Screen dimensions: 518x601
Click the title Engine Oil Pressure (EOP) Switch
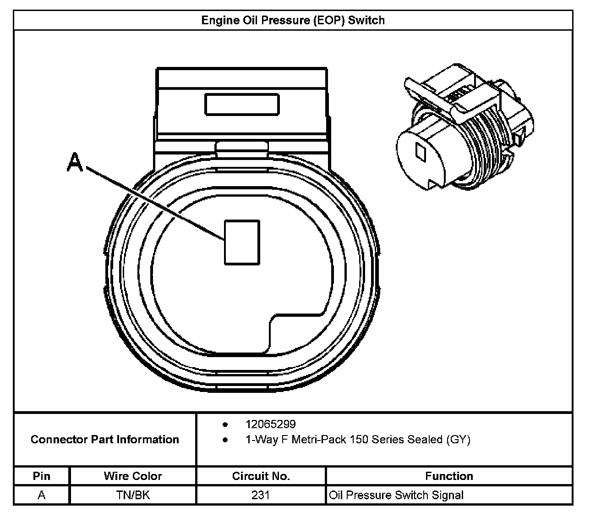coord(293,21)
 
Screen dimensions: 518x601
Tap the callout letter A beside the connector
coord(75,163)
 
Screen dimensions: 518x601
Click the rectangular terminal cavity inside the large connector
coord(242,242)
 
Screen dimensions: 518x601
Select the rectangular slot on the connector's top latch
coord(242,104)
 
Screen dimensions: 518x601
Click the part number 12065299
coord(270,424)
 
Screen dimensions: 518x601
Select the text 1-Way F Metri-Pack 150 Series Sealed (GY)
coord(358,440)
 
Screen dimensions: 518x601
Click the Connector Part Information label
coord(105,440)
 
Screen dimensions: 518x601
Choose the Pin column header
coord(42,476)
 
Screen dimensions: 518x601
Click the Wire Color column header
coord(133,476)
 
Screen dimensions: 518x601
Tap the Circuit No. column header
coord(261,476)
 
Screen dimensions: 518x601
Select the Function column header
coord(449,476)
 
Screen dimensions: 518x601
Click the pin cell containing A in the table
coord(42,495)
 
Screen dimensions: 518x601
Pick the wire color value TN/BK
coord(133,495)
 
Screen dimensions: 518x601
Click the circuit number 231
coord(261,495)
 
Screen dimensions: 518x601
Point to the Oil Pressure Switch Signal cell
coord(396,495)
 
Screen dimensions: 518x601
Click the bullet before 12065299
coord(225,424)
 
